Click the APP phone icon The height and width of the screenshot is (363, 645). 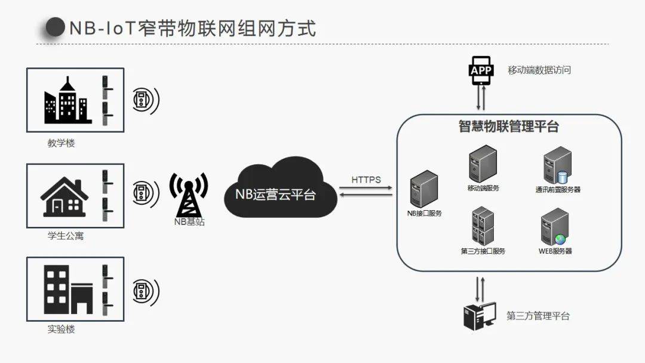tap(481, 70)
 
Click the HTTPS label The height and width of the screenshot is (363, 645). tap(365, 179)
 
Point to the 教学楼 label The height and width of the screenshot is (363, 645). tap(62, 143)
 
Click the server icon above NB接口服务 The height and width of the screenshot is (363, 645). tap(424, 189)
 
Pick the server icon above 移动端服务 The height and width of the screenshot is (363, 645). tap(483, 164)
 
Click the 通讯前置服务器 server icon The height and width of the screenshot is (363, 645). tap(557, 167)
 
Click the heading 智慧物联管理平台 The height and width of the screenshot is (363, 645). tap(508, 127)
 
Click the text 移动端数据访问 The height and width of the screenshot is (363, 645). tap(539, 70)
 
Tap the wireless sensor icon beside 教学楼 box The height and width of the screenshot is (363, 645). tap(144, 100)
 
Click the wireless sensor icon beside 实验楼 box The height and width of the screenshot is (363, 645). tap(144, 290)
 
